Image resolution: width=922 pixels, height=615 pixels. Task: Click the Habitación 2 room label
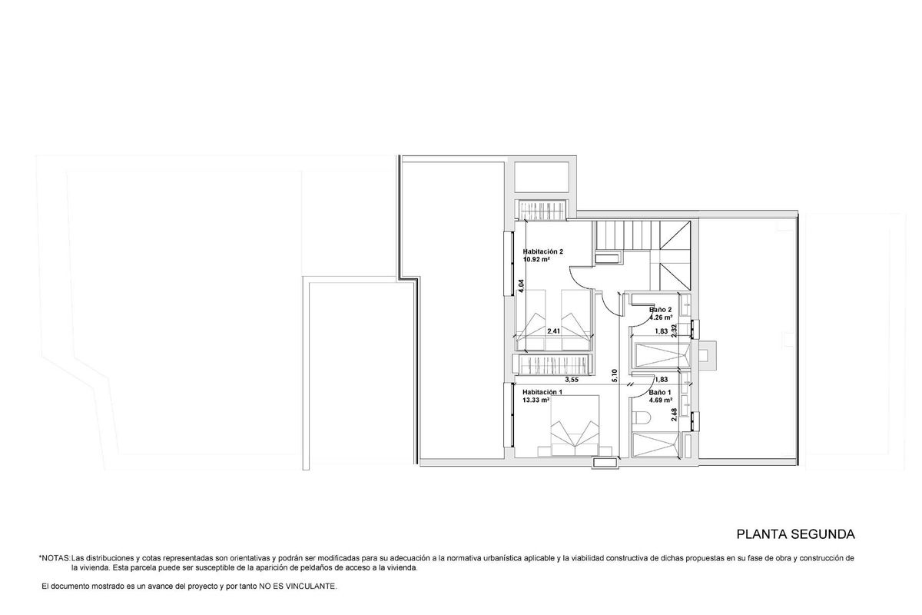tap(543, 251)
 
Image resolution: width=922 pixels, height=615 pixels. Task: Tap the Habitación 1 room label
tap(542, 392)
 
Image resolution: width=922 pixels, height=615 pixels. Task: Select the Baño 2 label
tap(661, 310)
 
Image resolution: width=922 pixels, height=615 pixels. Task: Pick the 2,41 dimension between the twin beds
tap(553, 331)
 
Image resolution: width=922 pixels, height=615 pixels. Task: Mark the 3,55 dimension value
tap(572, 380)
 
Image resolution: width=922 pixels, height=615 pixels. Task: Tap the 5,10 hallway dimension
tap(615, 376)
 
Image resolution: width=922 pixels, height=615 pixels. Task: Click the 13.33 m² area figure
tap(536, 401)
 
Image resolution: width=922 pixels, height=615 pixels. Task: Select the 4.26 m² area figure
tap(661, 317)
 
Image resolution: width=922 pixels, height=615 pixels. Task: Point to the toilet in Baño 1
tap(643, 417)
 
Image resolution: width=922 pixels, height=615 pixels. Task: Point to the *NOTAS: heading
tap(54, 557)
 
